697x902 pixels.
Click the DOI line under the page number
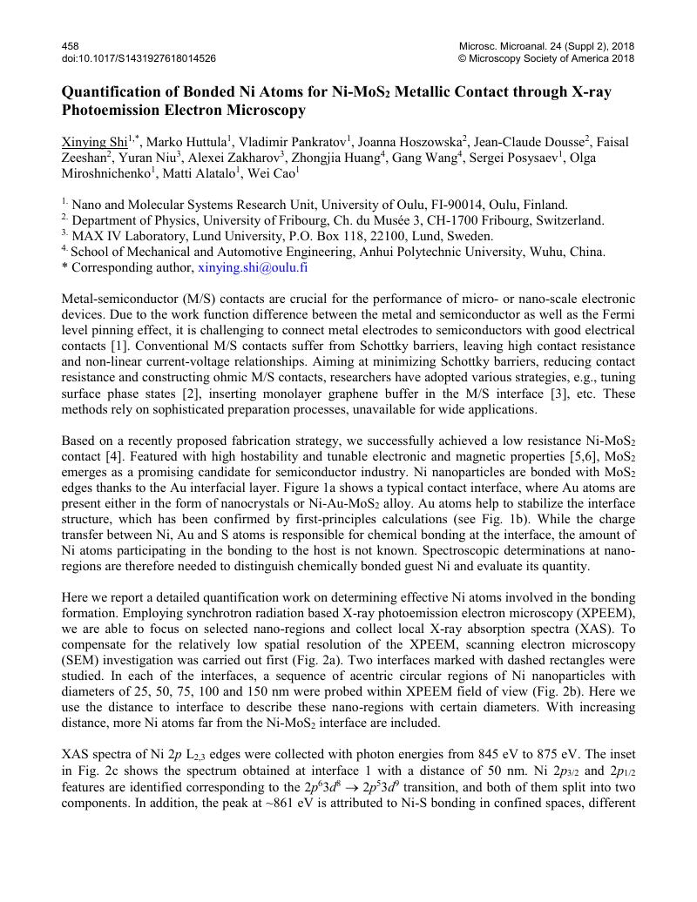point(139,58)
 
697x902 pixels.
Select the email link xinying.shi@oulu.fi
point(253,268)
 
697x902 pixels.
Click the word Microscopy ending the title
point(267,111)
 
